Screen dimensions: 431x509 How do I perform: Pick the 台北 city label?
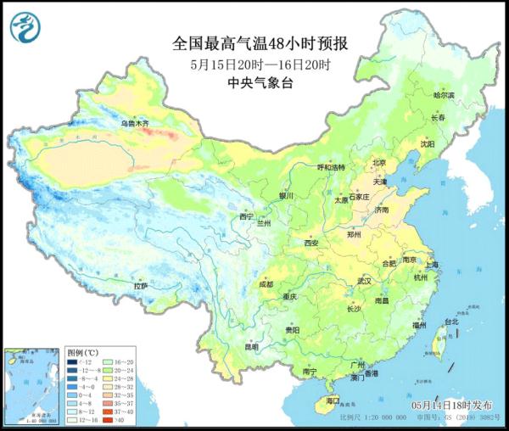point(451,322)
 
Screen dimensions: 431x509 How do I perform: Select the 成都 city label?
point(264,283)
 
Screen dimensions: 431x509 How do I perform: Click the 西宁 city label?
point(246,217)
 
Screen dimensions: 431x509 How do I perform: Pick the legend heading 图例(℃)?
point(83,350)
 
